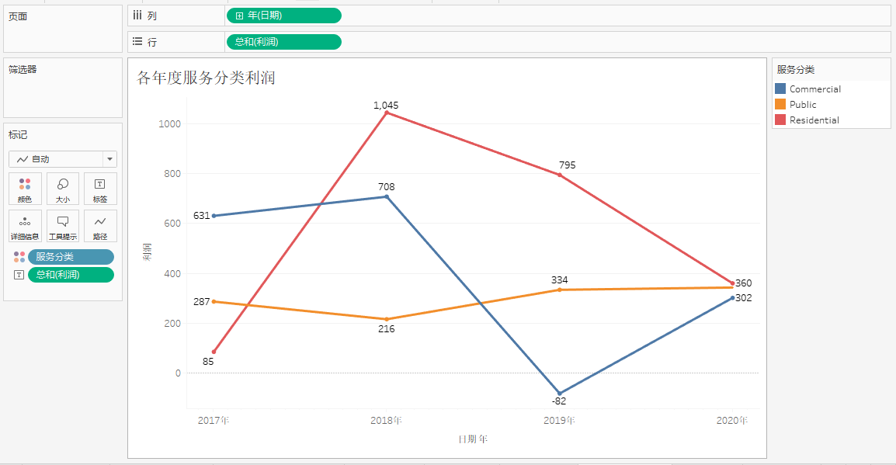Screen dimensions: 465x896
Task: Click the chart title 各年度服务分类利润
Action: point(206,78)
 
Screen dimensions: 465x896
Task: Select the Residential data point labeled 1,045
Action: point(387,113)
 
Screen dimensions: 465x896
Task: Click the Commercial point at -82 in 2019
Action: point(559,394)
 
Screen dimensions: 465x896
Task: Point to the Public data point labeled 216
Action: point(387,319)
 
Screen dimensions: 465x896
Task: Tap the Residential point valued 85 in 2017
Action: point(214,352)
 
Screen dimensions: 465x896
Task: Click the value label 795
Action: point(567,165)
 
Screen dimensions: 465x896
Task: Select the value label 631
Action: point(202,216)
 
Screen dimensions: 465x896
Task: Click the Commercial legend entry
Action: point(814,89)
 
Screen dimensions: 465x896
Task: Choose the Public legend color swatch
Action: point(780,104)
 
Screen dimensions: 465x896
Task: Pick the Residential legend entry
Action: point(814,120)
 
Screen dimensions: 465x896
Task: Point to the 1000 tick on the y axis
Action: point(170,123)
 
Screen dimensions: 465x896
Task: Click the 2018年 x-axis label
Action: point(386,421)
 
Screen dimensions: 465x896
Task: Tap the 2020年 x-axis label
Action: point(731,421)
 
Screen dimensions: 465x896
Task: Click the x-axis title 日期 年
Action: point(472,439)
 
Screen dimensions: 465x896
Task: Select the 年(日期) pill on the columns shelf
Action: point(283,16)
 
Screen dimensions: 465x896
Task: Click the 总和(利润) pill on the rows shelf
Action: point(283,42)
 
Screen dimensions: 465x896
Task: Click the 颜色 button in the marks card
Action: point(25,189)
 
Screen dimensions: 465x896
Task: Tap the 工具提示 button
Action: point(63,226)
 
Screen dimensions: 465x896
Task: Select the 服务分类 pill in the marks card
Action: point(71,257)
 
